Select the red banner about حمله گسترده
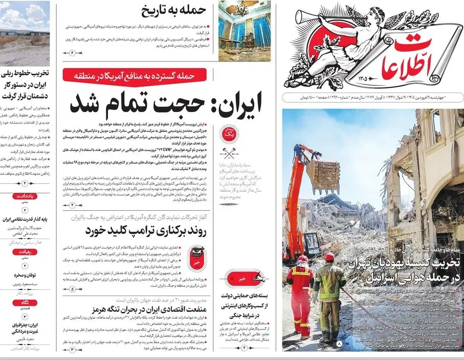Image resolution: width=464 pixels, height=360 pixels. pyautogui.click(x=135, y=75)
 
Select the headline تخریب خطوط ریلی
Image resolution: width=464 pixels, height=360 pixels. pyautogui.click(x=26, y=83)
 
